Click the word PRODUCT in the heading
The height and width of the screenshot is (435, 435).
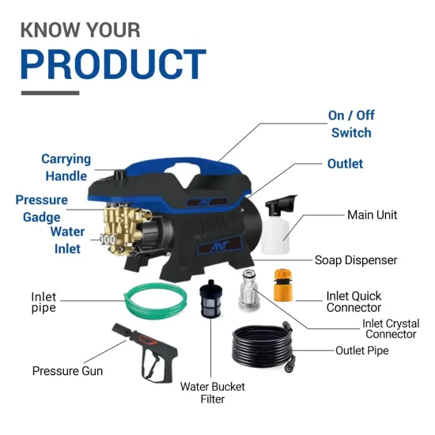point(113,65)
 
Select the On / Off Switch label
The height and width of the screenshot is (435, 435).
point(351,124)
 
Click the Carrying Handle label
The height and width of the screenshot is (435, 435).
point(66,168)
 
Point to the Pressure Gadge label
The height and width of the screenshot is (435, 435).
point(41,209)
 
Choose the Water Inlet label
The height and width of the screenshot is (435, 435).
point(67,240)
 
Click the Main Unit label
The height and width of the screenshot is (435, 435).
point(372,215)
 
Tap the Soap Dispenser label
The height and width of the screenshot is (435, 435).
point(356,259)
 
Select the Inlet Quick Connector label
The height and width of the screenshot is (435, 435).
point(354,301)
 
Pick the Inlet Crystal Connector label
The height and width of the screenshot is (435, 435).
point(390,329)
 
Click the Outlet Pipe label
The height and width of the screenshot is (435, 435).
point(361,350)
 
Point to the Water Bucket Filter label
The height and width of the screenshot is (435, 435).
point(212,392)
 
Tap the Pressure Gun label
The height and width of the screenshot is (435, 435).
point(67,370)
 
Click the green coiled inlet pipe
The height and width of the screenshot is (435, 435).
point(154,300)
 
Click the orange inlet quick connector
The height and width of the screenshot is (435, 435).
point(283,285)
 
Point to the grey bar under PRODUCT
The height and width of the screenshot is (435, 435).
point(50,93)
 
